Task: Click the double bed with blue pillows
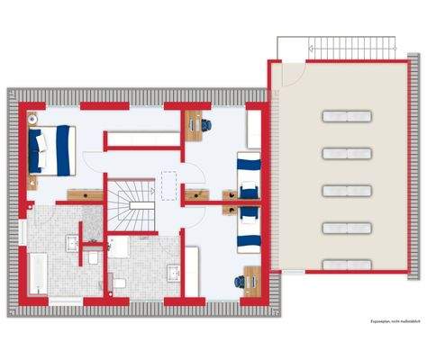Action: coord(52,148)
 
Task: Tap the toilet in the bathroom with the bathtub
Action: coord(93,258)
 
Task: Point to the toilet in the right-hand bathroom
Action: coord(116,283)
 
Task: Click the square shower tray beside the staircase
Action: coord(93,217)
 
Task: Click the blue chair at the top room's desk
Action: coord(209,123)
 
